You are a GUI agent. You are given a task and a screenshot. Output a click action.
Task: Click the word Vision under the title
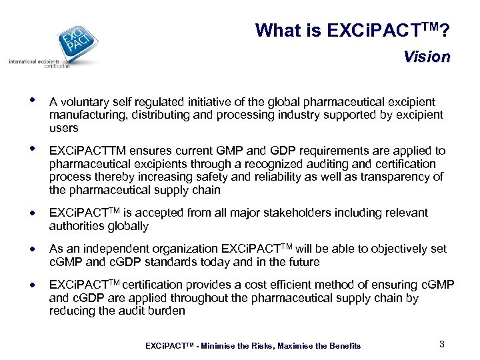pyautogui.click(x=426, y=57)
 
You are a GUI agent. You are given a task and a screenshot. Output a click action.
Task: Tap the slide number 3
pyautogui.click(x=441, y=344)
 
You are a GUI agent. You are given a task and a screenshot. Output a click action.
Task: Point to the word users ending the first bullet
pyautogui.click(x=63, y=127)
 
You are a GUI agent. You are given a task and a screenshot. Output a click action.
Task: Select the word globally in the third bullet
pyautogui.click(x=127, y=226)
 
